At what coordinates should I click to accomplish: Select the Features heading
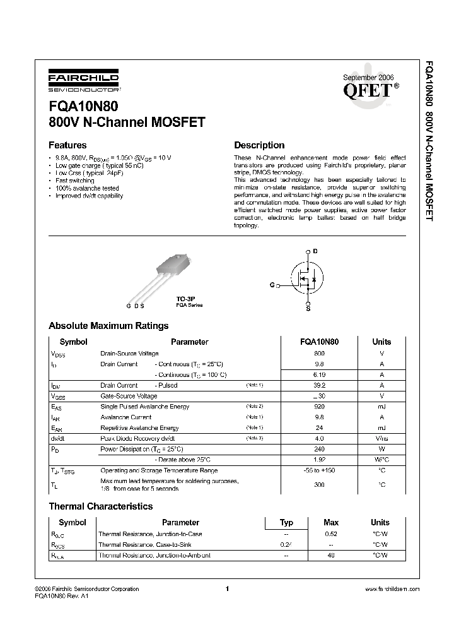(x=67, y=145)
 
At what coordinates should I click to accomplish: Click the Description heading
(x=259, y=145)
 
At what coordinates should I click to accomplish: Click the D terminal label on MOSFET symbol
(x=315, y=251)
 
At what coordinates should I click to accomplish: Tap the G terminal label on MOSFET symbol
(x=272, y=285)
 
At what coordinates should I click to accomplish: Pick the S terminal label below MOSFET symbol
(x=308, y=309)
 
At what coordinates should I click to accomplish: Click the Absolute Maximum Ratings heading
(x=108, y=326)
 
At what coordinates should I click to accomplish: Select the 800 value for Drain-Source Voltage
(x=319, y=354)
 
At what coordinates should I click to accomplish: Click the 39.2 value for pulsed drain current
(x=319, y=385)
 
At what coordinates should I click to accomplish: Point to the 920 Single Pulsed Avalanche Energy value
(x=319, y=407)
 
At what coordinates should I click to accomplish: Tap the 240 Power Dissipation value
(x=319, y=449)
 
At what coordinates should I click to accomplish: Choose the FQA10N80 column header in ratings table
(x=319, y=342)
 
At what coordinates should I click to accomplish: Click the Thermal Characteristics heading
(x=101, y=506)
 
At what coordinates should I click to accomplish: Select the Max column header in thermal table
(x=331, y=522)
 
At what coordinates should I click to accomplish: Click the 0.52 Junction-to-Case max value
(x=331, y=534)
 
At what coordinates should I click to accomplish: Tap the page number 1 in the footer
(x=226, y=588)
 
